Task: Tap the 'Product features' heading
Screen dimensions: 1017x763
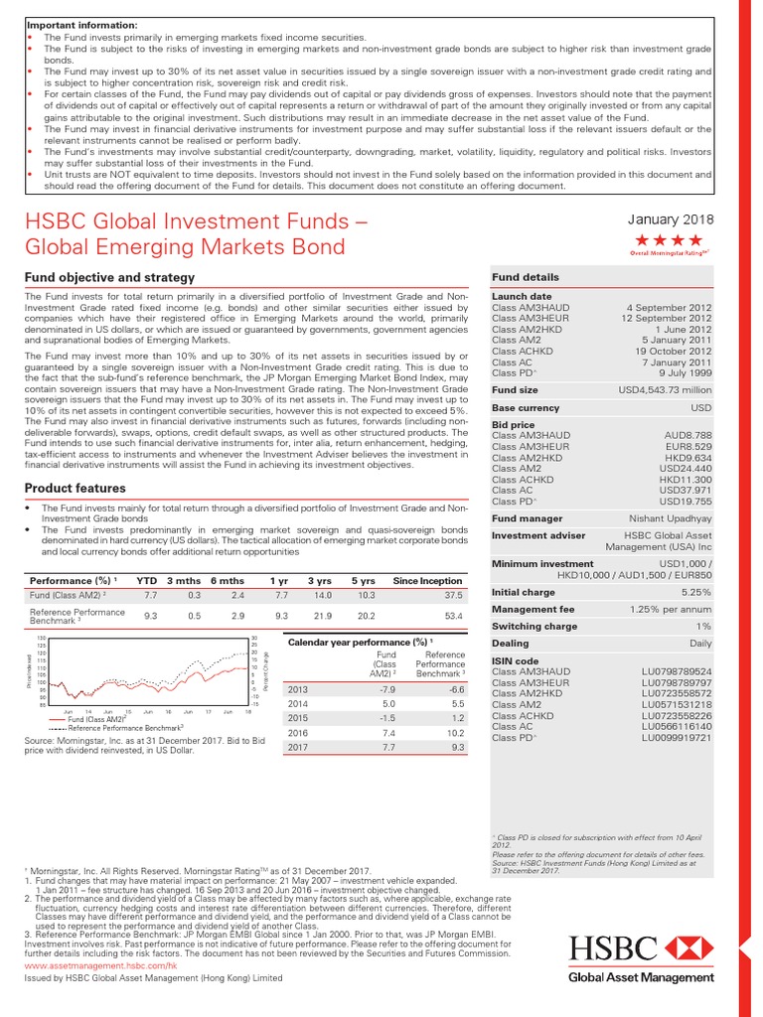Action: (74, 487)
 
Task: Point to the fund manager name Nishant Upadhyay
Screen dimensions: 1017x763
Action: (670, 517)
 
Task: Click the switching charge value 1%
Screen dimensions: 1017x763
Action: (704, 627)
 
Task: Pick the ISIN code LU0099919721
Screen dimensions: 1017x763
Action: (677, 738)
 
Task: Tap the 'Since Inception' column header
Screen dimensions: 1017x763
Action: (428, 580)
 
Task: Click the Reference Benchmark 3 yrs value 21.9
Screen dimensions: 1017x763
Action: (321, 617)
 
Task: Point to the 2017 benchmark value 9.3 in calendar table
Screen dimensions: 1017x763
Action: (458, 746)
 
